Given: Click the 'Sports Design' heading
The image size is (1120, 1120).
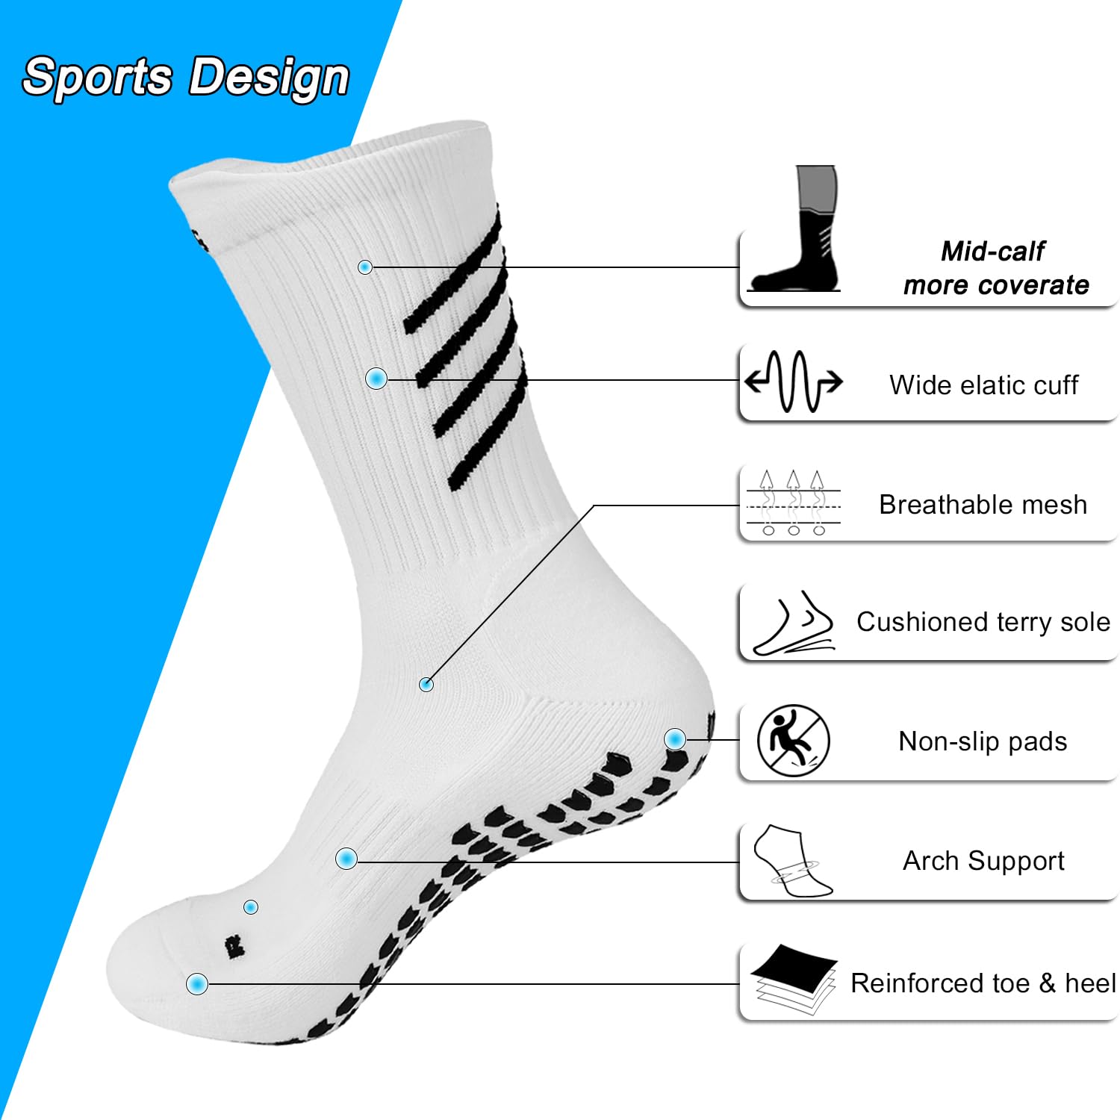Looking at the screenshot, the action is [x=186, y=77].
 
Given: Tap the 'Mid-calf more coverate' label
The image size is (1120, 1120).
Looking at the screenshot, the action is [x=995, y=268].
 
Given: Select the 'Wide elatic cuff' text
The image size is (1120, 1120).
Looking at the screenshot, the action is [x=983, y=385].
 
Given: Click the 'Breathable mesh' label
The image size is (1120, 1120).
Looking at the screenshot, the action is [x=983, y=505].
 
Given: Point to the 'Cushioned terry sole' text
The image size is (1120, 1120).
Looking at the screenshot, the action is [x=983, y=622].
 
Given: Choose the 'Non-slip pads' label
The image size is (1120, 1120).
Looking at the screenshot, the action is [x=983, y=741].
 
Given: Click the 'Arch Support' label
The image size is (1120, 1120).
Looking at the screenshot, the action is [x=983, y=861].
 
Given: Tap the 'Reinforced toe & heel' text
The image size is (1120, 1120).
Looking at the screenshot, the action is [x=983, y=983].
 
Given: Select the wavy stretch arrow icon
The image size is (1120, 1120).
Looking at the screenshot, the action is [x=793, y=381].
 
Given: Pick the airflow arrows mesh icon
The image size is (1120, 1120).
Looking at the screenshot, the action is [x=793, y=503].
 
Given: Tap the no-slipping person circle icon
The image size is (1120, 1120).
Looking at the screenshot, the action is [x=793, y=741].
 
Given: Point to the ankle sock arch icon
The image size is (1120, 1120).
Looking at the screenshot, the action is [x=791, y=861].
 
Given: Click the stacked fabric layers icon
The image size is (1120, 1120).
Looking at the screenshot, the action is [x=794, y=980].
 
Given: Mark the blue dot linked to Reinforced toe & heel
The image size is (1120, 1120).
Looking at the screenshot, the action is [x=197, y=983].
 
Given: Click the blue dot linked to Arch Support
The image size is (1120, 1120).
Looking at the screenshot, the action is [x=346, y=859].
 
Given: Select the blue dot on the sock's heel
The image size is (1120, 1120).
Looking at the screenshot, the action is [x=675, y=739].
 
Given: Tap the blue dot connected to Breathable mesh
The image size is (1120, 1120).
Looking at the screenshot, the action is [x=426, y=684].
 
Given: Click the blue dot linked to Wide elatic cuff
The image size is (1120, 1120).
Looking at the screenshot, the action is [x=376, y=379].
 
